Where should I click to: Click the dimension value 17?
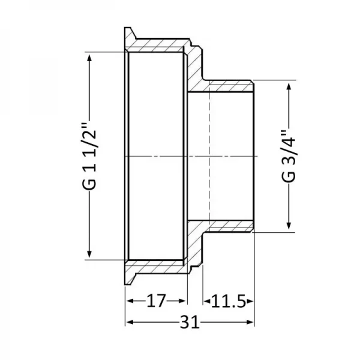click(156, 301)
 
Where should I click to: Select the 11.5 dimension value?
click(228, 301)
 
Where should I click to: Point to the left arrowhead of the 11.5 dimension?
click(206, 301)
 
